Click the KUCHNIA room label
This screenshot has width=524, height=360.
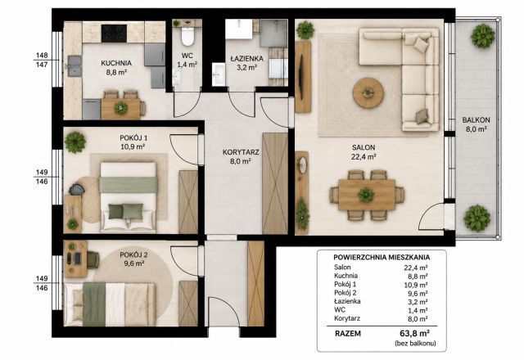point(116,63)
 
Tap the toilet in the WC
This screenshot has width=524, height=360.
point(187,37)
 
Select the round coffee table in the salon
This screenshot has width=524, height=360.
point(368,92)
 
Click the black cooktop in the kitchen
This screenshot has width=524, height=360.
point(114,34)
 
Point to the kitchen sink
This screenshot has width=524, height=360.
point(75,65)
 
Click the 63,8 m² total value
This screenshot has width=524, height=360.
point(414,333)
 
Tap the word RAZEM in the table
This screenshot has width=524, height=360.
point(348,334)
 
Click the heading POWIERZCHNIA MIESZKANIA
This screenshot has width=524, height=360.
point(382,258)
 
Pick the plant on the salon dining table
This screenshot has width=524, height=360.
point(366,195)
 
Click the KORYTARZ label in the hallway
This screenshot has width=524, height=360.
point(241,153)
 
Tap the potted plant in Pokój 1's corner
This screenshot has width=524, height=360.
point(75,142)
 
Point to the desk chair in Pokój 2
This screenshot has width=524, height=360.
point(93,259)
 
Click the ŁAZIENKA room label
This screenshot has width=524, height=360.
point(247,59)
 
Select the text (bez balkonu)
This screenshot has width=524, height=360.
point(415,343)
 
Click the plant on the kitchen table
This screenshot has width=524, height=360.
point(120,107)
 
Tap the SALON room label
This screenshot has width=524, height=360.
point(364,147)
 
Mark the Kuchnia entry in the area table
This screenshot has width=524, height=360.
point(346,276)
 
